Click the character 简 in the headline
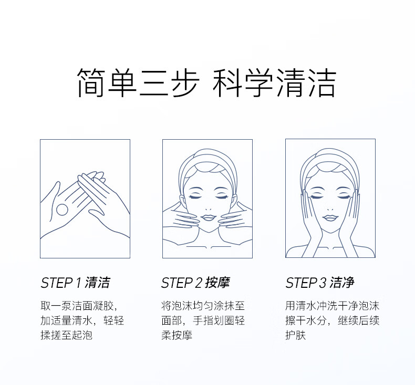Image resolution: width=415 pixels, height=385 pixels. [91, 82]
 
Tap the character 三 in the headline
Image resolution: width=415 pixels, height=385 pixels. [154, 82]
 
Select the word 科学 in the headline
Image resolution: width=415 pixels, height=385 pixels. [243, 82]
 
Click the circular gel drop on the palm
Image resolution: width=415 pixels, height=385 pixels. [62, 210]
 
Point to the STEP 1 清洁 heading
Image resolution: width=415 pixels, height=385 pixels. [75, 283]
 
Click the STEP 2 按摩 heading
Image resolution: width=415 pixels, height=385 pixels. [195, 283]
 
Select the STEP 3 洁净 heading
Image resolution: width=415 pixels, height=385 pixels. [320, 283]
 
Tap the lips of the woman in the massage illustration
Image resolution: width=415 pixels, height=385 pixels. [208, 218]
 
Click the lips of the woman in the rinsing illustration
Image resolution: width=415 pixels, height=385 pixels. [330, 218]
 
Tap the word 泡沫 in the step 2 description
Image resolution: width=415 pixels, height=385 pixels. [182, 306]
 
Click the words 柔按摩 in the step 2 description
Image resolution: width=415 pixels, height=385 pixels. [177, 335]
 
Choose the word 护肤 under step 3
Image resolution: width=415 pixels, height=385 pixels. [296, 335]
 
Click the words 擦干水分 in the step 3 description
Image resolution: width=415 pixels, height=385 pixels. [306, 320]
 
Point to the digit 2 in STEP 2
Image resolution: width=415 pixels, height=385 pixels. [198, 283]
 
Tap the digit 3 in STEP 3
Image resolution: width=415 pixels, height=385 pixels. [323, 283]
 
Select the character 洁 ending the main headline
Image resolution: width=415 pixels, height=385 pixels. [321, 82]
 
